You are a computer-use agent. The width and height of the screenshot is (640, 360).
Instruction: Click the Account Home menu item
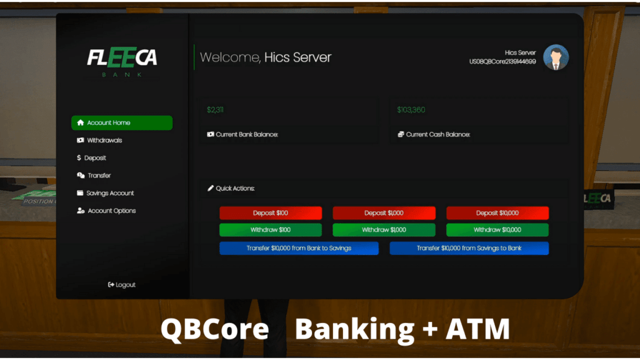(x=122, y=123)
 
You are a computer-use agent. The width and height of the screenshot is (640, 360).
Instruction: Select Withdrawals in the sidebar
(x=99, y=141)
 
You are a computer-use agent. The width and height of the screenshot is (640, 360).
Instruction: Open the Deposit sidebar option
(x=91, y=158)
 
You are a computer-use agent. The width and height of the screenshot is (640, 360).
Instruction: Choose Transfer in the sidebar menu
(x=94, y=176)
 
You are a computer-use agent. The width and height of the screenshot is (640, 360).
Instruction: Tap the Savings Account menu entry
(x=105, y=193)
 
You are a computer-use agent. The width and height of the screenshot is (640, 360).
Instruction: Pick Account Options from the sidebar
(x=106, y=211)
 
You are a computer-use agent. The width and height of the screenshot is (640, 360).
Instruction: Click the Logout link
(x=122, y=285)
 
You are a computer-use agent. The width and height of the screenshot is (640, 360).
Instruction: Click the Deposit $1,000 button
(x=384, y=213)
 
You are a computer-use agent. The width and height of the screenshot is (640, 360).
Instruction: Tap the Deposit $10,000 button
(x=497, y=213)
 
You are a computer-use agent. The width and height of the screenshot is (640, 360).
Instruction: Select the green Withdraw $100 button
(x=271, y=230)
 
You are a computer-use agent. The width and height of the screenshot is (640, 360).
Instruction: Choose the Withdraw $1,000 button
(x=384, y=230)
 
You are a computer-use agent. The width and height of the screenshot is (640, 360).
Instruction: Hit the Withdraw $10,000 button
(x=497, y=230)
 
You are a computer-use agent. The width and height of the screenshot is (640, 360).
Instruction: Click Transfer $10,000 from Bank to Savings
(x=299, y=248)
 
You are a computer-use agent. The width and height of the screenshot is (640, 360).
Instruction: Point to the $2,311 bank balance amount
(x=215, y=110)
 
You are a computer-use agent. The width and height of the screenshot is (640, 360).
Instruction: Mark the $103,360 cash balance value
(x=411, y=110)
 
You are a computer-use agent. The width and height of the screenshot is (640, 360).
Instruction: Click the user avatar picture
(x=556, y=57)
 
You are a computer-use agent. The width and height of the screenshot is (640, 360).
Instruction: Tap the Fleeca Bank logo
(x=122, y=62)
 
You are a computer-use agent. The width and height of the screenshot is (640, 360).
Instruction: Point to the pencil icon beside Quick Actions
(x=210, y=188)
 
